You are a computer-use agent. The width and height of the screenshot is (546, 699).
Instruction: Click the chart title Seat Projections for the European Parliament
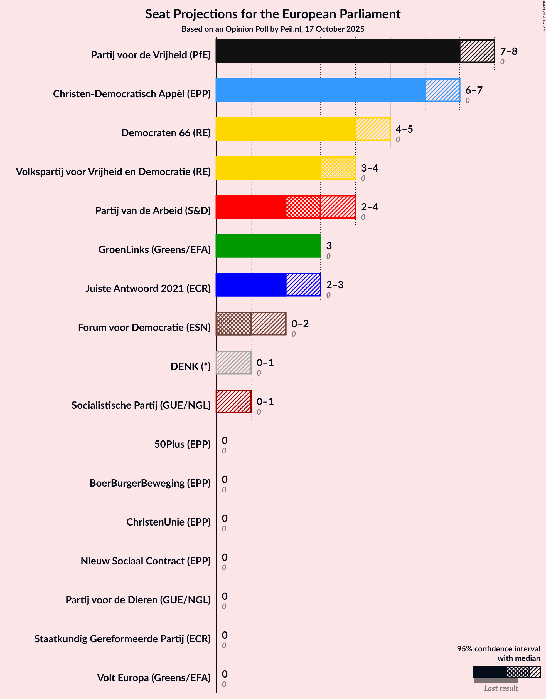pyautogui.click(x=273, y=14)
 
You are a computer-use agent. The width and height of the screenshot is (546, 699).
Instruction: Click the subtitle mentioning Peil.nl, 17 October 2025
pyautogui.click(x=273, y=29)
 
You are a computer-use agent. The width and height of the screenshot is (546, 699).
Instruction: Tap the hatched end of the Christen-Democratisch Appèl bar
pyautogui.click(x=442, y=90)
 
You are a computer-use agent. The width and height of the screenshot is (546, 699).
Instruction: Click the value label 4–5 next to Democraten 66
pyautogui.click(x=404, y=129)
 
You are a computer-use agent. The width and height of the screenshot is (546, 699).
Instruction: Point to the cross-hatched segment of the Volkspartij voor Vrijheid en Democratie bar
pyautogui.click(x=338, y=168)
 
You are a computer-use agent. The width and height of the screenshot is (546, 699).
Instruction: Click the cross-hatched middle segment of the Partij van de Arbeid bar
pyautogui.click(x=303, y=207)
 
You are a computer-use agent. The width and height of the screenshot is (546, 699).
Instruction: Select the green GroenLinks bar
pyautogui.click(x=268, y=246)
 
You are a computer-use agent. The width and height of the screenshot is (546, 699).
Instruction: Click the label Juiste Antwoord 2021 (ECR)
pyautogui.click(x=148, y=288)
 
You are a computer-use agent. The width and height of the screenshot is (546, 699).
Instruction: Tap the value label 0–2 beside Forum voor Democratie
pyautogui.click(x=300, y=324)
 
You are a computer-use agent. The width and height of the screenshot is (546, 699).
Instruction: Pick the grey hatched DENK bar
pyautogui.click(x=233, y=363)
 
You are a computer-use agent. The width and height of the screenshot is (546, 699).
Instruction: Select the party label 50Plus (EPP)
pyautogui.click(x=182, y=444)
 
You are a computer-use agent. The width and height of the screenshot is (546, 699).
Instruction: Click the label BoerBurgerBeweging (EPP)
pyautogui.click(x=150, y=483)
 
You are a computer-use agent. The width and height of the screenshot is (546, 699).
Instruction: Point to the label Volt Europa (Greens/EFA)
pyautogui.click(x=154, y=678)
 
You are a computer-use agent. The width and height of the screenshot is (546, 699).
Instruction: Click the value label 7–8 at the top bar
pyautogui.click(x=508, y=51)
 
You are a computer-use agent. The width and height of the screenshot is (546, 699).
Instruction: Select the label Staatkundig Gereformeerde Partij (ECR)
pyautogui.click(x=122, y=639)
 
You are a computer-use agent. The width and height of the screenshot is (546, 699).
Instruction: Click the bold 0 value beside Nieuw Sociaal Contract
pyautogui.click(x=225, y=557)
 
